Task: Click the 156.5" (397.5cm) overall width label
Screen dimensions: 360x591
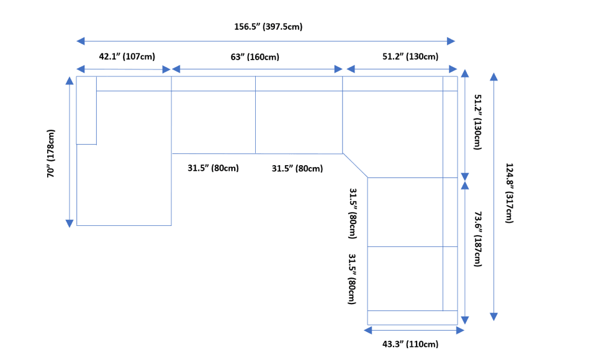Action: (268, 27)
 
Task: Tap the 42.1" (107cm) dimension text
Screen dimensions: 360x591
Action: (127, 56)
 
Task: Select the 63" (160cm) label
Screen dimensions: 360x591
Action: (255, 57)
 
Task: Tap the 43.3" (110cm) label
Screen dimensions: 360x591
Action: (410, 343)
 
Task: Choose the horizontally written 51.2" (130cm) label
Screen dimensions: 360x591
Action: (410, 56)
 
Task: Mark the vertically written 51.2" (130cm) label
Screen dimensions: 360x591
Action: (478, 122)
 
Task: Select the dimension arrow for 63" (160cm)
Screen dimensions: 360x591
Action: (257, 68)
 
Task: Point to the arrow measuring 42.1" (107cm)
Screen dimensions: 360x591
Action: (124, 68)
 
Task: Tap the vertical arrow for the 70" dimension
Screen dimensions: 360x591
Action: (70, 151)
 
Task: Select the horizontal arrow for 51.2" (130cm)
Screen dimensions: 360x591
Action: (402, 68)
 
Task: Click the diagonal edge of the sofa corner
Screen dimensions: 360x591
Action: (355, 165)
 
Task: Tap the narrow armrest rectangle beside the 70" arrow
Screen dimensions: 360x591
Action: (86, 110)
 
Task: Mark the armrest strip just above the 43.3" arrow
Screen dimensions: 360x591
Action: (412, 317)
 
